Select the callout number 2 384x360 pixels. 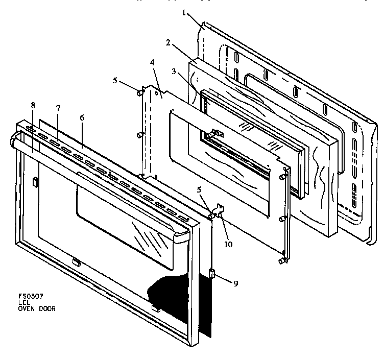coord(167,43)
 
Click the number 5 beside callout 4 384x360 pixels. coord(115,81)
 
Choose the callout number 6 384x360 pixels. coord(82,117)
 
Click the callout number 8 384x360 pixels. coord(33,106)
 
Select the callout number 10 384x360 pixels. coord(228,244)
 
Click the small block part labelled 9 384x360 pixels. coord(211,274)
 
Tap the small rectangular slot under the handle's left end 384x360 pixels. coord(35,181)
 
